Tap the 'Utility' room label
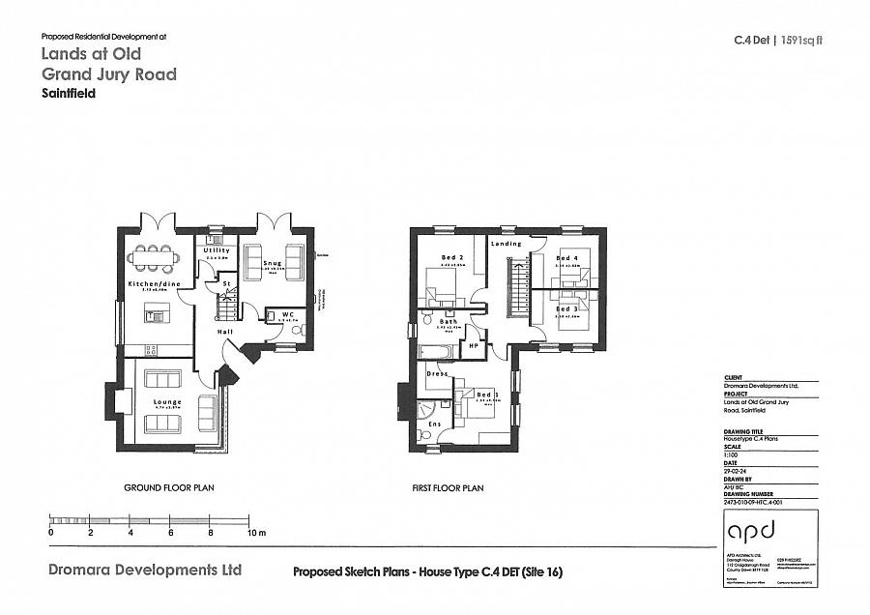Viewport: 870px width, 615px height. [217, 250]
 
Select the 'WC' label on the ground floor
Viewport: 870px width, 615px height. [287, 314]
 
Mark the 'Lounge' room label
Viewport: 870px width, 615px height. [167, 401]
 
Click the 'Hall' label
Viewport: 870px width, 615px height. [224, 331]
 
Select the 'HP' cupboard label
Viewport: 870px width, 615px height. [474, 345]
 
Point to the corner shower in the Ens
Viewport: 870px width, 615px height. [426, 412]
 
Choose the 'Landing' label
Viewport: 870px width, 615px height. [507, 244]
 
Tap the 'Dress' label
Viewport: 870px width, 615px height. [436, 372]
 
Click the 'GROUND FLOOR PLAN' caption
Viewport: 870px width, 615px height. [168, 488]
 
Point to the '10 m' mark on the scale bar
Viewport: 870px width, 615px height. [255, 533]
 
